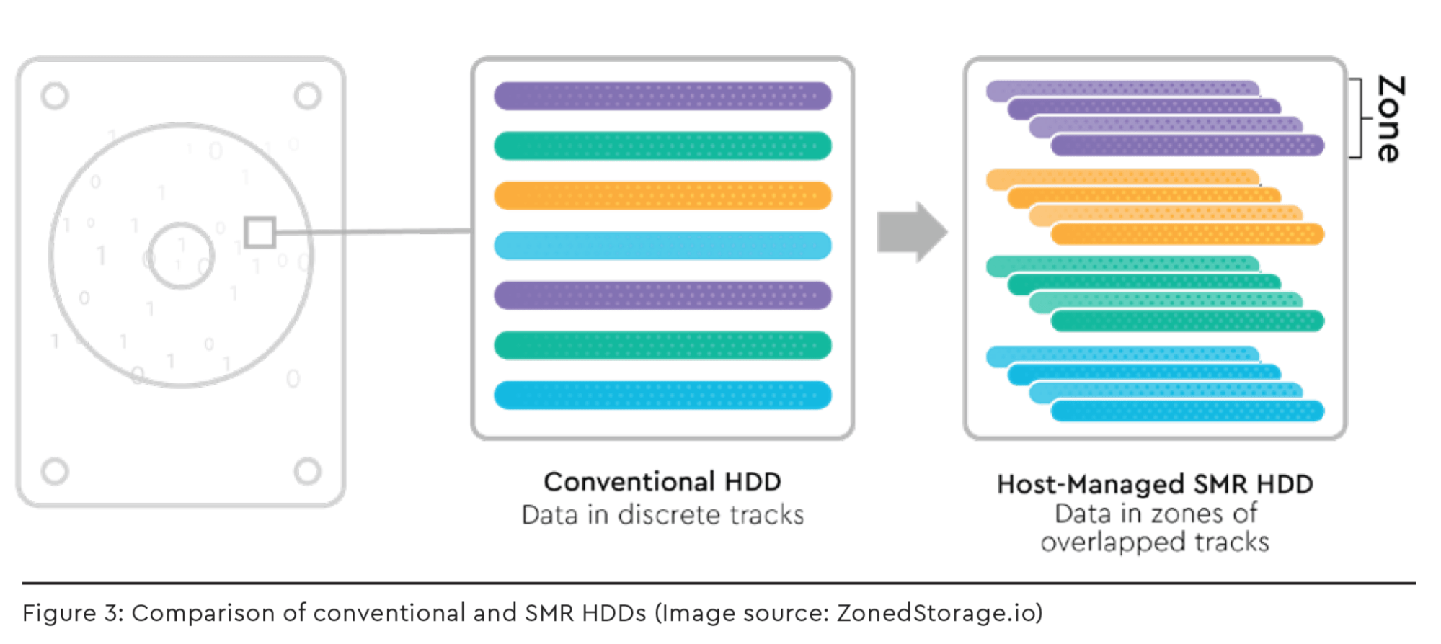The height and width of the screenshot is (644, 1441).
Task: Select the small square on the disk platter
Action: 260,233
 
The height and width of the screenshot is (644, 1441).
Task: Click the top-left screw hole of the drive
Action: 55,96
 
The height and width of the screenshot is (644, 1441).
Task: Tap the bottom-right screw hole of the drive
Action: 308,471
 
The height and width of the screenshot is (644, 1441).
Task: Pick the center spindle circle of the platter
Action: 182,255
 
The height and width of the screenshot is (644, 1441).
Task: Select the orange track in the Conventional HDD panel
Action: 662,196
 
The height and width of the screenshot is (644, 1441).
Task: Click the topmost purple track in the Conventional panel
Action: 662,96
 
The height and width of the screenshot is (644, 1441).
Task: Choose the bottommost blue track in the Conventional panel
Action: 662,395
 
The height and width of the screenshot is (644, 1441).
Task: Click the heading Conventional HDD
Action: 662,482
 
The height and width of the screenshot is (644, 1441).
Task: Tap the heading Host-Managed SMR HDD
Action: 1155,484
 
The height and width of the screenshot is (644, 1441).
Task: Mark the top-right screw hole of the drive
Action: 308,96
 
